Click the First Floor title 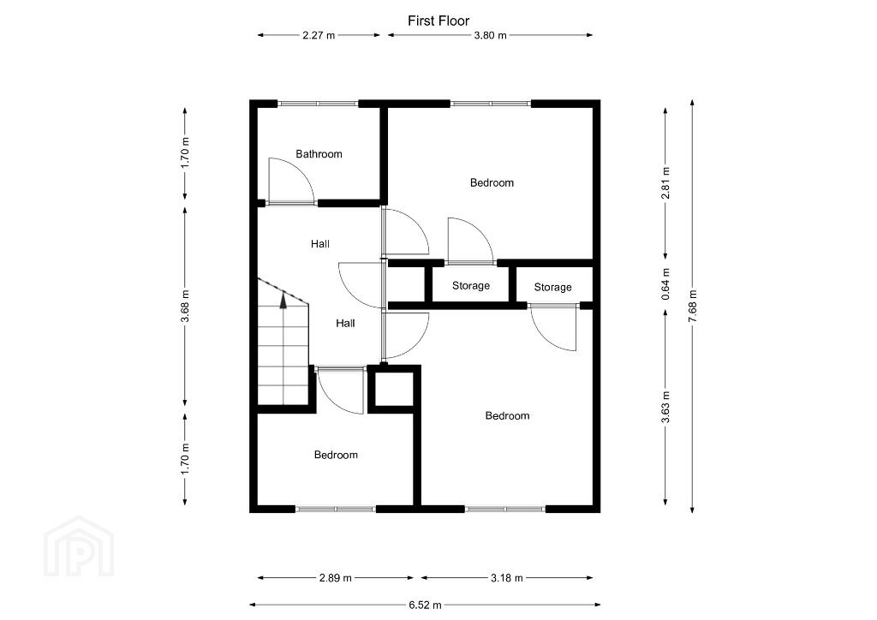coord(438,21)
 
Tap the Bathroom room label coord(319,154)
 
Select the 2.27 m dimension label coord(319,35)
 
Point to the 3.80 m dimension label coord(490,35)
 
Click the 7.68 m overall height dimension coord(692,306)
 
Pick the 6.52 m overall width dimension coord(425,604)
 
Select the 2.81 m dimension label coord(665,182)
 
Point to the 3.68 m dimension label coord(185,307)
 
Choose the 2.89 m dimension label coord(335,578)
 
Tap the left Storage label coord(471,285)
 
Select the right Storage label coord(552,287)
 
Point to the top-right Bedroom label coord(492,182)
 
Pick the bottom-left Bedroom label coord(335,455)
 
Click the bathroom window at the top coord(318,104)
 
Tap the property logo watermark coord(79,548)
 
